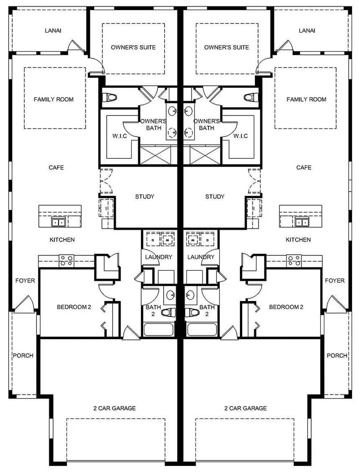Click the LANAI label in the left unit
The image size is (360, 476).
(x=53, y=31)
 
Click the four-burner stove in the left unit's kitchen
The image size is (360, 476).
(x=67, y=260)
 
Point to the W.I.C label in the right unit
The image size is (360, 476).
(x=241, y=136)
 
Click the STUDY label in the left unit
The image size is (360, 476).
(x=145, y=196)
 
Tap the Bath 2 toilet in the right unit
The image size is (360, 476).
(x=192, y=312)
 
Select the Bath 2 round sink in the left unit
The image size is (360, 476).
(x=170, y=295)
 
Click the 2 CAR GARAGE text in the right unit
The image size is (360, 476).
(x=245, y=408)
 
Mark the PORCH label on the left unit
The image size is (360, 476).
(x=23, y=355)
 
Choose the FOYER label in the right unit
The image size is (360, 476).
(x=335, y=280)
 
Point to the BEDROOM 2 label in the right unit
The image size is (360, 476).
(x=286, y=307)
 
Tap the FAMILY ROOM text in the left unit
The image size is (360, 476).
(x=54, y=99)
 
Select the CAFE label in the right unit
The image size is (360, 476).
(x=304, y=167)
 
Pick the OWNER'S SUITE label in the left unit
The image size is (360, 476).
(x=133, y=47)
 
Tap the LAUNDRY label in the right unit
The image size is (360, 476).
(x=201, y=257)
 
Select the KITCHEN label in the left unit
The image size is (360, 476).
(x=62, y=240)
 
